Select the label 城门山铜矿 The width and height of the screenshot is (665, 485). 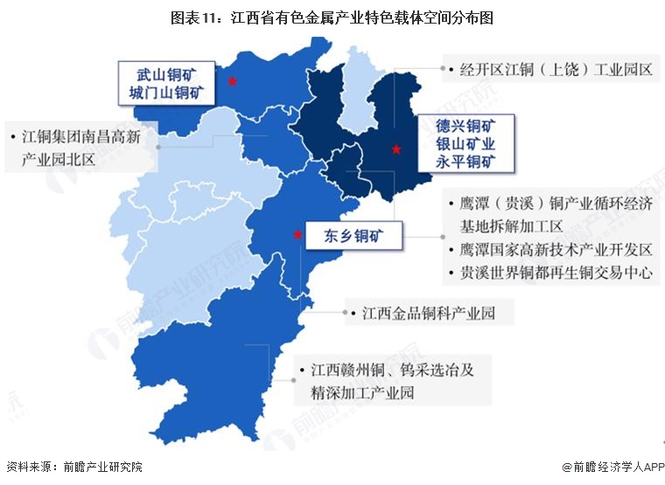coord(169,93)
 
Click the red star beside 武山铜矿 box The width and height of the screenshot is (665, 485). coord(232,81)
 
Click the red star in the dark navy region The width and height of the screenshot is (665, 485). coord(396,149)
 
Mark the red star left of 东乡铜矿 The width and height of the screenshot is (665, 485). coord(298,234)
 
